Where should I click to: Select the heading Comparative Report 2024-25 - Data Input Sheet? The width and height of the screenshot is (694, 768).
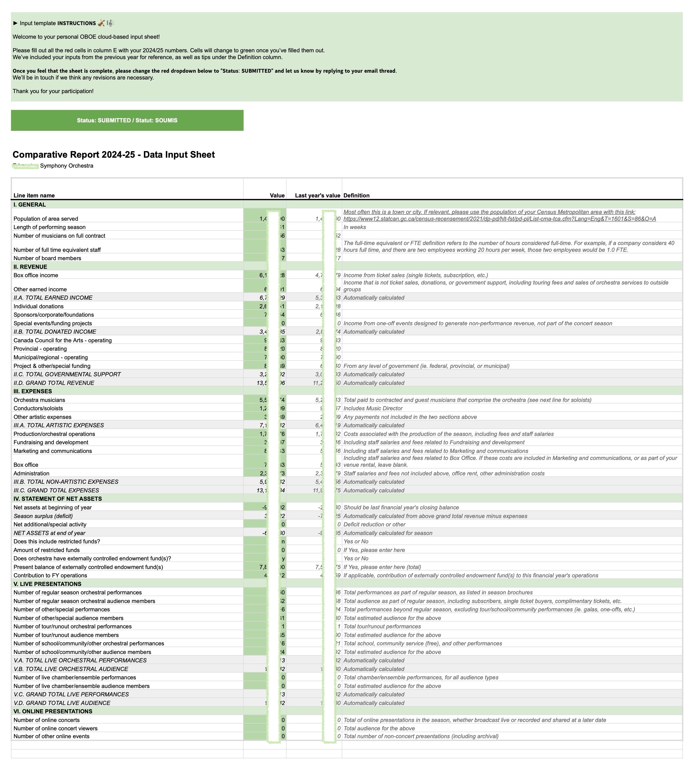pyautogui.click(x=113, y=155)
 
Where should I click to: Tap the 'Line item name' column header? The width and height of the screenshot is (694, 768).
pyautogui.click(x=34, y=195)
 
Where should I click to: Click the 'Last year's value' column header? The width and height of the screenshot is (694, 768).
pyautogui.click(x=317, y=195)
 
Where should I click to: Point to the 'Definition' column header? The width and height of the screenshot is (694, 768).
pyautogui.click(x=356, y=195)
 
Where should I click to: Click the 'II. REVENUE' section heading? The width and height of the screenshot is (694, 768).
pyautogui.click(x=30, y=267)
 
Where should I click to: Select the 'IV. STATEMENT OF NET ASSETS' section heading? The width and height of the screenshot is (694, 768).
pyautogui.click(x=58, y=499)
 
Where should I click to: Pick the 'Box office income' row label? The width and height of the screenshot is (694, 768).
pyautogui.click(x=35, y=275)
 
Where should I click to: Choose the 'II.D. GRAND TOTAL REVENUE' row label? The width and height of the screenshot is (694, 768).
pyautogui.click(x=54, y=383)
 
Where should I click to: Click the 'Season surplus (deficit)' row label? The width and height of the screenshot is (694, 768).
pyautogui.click(x=43, y=516)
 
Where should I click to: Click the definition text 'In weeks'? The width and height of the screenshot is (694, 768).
pyautogui.click(x=355, y=227)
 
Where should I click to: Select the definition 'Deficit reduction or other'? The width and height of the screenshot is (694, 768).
pyautogui.click(x=374, y=525)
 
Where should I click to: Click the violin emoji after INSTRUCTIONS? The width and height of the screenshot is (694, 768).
pyautogui.click(x=101, y=23)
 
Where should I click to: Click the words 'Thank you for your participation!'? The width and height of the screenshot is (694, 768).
pyautogui.click(x=53, y=91)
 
